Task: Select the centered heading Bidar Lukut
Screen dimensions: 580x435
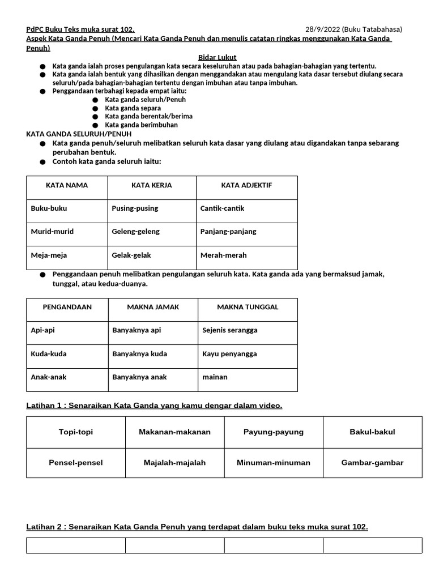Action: (217, 58)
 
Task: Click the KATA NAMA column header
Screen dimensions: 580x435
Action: (67, 185)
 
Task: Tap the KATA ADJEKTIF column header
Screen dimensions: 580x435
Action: (246, 185)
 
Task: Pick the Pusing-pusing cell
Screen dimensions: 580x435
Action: (135, 208)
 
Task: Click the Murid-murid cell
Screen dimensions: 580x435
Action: (52, 232)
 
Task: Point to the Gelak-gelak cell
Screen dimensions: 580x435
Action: (131, 255)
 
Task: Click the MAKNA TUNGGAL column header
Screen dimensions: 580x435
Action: (248, 307)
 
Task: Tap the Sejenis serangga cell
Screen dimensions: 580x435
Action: (229, 330)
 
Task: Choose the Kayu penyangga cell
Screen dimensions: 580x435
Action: (229, 354)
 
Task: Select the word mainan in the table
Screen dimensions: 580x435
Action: (215, 377)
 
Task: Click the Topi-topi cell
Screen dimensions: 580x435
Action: (76, 432)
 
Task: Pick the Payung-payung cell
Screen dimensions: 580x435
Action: (274, 432)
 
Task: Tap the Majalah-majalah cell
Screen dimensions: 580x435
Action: (174, 463)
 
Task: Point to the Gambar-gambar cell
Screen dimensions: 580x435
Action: (372, 463)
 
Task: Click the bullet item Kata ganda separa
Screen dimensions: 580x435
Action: (133, 108)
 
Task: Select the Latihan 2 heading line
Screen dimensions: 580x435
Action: (197, 527)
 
